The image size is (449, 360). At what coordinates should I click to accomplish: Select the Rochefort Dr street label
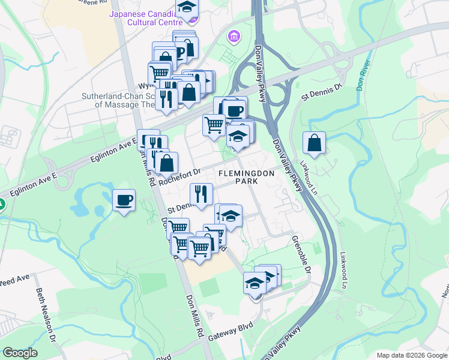[178, 172]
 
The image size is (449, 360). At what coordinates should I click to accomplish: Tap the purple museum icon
[234, 37]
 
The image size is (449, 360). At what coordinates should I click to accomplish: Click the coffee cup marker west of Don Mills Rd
[124, 200]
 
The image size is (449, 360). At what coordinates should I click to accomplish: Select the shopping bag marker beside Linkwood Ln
[314, 143]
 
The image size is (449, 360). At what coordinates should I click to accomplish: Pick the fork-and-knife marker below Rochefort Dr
[200, 193]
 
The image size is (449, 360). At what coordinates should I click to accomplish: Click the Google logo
[20, 353]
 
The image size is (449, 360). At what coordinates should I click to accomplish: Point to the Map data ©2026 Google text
[411, 355]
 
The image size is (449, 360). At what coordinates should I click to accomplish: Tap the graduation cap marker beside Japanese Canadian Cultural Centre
[187, 8]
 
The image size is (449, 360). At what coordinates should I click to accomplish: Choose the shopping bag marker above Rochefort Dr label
[167, 162]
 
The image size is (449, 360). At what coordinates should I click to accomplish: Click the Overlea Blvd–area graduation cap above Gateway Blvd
[255, 282]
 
